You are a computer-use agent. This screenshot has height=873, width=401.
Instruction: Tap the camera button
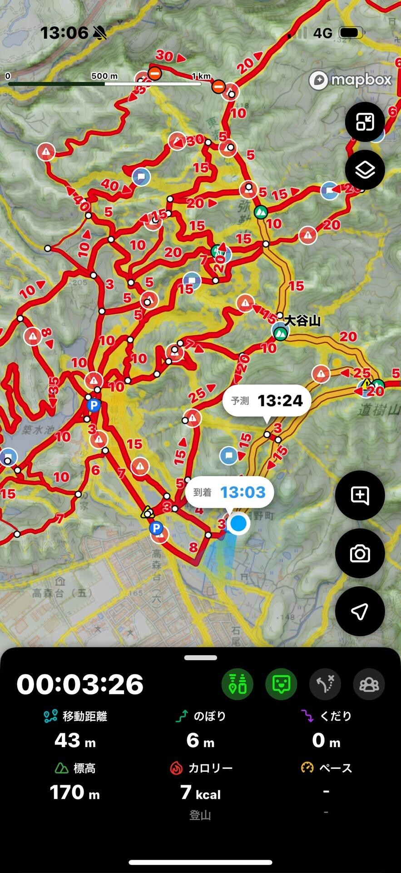[360, 553]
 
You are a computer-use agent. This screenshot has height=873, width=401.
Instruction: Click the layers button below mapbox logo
[365, 170]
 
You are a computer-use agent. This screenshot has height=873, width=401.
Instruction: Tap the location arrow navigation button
[360, 611]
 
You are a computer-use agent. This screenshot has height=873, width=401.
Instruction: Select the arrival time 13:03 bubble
[229, 492]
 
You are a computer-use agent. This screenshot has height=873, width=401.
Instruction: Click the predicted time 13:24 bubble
[267, 401]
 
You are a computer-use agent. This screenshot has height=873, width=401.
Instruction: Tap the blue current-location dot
[238, 523]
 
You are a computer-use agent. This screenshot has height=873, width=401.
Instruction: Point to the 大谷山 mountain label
[302, 321]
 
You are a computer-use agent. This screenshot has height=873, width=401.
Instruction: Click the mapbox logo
[350, 80]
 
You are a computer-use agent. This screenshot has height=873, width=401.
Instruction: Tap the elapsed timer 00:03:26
[80, 684]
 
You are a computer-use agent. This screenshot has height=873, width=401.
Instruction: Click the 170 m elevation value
[74, 793]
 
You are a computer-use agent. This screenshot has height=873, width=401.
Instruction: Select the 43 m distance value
[75, 740]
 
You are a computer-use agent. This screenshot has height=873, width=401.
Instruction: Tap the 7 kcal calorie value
[200, 793]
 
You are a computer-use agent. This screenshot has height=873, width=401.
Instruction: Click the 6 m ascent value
[200, 740]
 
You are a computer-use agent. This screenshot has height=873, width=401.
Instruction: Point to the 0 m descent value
[326, 740]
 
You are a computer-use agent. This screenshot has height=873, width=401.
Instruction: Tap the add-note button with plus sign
[360, 495]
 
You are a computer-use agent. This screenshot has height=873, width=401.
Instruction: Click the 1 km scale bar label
[201, 76]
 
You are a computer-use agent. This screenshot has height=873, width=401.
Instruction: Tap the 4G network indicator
[323, 33]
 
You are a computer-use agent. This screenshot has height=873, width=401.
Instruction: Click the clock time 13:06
[64, 33]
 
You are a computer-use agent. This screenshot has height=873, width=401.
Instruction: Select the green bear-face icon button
[281, 684]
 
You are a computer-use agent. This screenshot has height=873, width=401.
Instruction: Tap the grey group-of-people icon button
[369, 684]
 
